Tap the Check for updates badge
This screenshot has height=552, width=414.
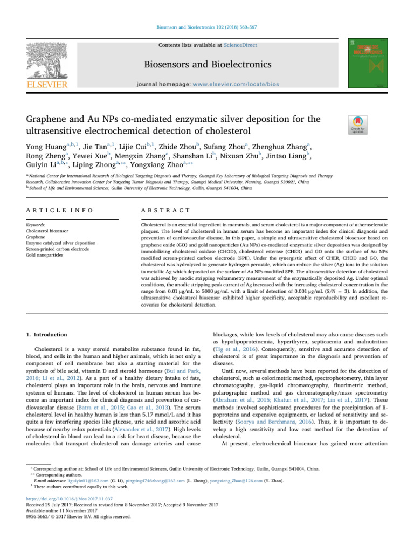click(x=359, y=125)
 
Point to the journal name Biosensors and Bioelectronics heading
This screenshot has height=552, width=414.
click(x=206, y=65)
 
